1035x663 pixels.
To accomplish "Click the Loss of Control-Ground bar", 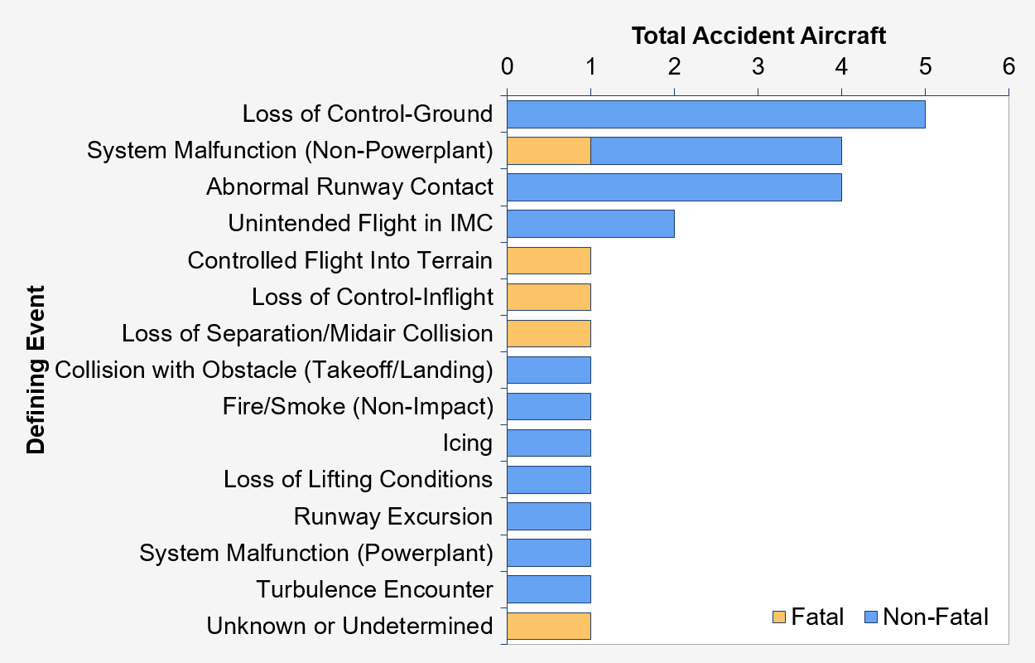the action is [x=715, y=114].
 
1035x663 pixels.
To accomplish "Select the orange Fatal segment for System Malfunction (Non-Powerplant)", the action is [x=549, y=151].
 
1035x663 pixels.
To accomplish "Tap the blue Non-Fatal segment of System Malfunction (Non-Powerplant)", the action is [x=716, y=151].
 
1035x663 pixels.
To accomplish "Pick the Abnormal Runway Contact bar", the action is [x=674, y=187].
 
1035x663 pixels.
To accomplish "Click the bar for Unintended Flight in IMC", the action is [x=590, y=224].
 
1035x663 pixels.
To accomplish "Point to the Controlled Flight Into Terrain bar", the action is [x=549, y=260].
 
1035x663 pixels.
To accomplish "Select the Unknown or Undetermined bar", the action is [x=549, y=626].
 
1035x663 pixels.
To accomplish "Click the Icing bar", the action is [x=549, y=443].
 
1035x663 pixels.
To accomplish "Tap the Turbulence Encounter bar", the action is [x=549, y=589].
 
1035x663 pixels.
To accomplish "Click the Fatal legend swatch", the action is [x=779, y=617].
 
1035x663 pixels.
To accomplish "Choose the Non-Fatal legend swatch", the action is [x=871, y=617].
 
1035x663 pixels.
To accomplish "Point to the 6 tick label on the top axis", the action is [x=1009, y=66].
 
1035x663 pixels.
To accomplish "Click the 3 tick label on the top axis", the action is [x=758, y=66].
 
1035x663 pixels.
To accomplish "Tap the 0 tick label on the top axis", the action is [x=507, y=66].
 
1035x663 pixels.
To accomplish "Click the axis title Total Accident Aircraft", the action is [x=758, y=36].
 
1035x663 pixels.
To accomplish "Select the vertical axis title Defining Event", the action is [x=36, y=370].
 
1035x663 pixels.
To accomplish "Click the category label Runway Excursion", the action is [x=393, y=516].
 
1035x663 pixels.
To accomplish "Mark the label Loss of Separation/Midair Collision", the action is [x=307, y=333].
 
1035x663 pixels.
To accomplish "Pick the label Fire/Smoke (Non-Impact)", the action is [x=358, y=407].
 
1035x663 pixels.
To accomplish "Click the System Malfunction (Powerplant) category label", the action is [x=316, y=554].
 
